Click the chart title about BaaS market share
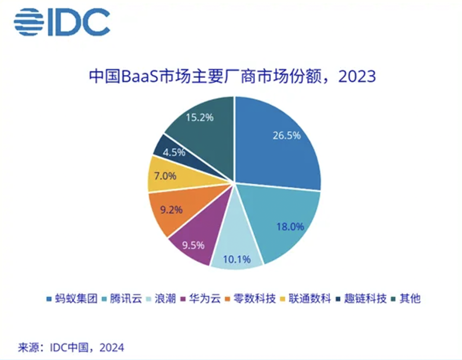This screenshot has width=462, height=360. [232, 77]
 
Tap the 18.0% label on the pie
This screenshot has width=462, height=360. [290, 226]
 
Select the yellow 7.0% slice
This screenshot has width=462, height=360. [167, 176]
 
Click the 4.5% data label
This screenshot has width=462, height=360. [175, 152]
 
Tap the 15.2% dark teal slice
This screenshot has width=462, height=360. [201, 122]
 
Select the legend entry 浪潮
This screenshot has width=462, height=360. [163, 298]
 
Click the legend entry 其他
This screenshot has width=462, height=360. [409, 298]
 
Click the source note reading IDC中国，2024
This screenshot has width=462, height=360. [71, 347]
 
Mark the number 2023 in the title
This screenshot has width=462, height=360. [357, 77]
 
